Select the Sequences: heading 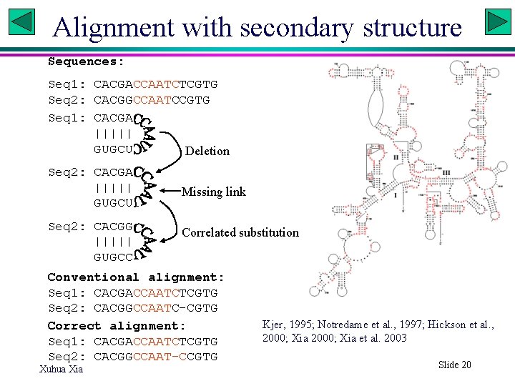[86, 61]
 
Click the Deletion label [207, 151]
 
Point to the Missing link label [214, 192]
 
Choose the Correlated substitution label [240, 232]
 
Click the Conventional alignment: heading [136, 277]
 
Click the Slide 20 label [455, 365]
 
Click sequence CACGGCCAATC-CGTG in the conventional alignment [155, 308]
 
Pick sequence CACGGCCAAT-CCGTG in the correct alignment [155, 357]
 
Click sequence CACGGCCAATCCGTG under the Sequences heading [152, 100]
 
